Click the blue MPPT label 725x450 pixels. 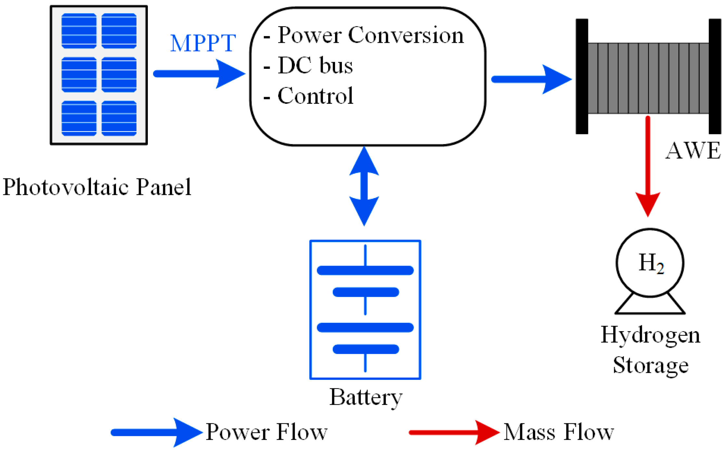pyautogui.click(x=203, y=43)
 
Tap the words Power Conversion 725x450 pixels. pyautogui.click(x=370, y=35)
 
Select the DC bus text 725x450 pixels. pyautogui.click(x=315, y=65)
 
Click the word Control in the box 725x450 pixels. pyautogui.click(x=315, y=96)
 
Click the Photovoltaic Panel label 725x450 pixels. pyautogui.click(x=97, y=187)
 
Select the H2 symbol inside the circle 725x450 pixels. pyautogui.click(x=651, y=263)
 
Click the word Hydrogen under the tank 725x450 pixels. pyautogui.click(x=650, y=335)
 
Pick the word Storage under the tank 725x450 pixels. pyautogui.click(x=650, y=365)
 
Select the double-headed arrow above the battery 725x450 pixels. pyautogui.click(x=364, y=186)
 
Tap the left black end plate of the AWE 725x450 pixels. pyautogui.click(x=582, y=76)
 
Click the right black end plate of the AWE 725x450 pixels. pyautogui.click(x=715, y=76)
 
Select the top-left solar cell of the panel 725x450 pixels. pyautogui.click(x=79, y=31)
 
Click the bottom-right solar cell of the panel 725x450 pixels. pyautogui.click(x=119, y=118)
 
